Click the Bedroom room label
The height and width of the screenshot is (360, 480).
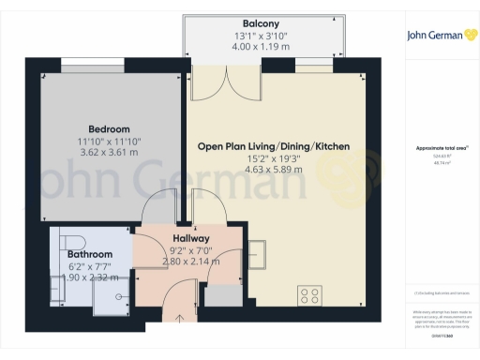(109, 128)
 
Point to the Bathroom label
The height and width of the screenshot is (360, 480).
(89, 254)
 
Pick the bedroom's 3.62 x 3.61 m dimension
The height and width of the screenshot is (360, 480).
(109, 151)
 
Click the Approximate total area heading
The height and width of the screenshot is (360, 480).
(441, 148)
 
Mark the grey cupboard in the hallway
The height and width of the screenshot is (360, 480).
(222, 296)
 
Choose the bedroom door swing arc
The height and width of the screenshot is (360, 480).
(159, 202)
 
